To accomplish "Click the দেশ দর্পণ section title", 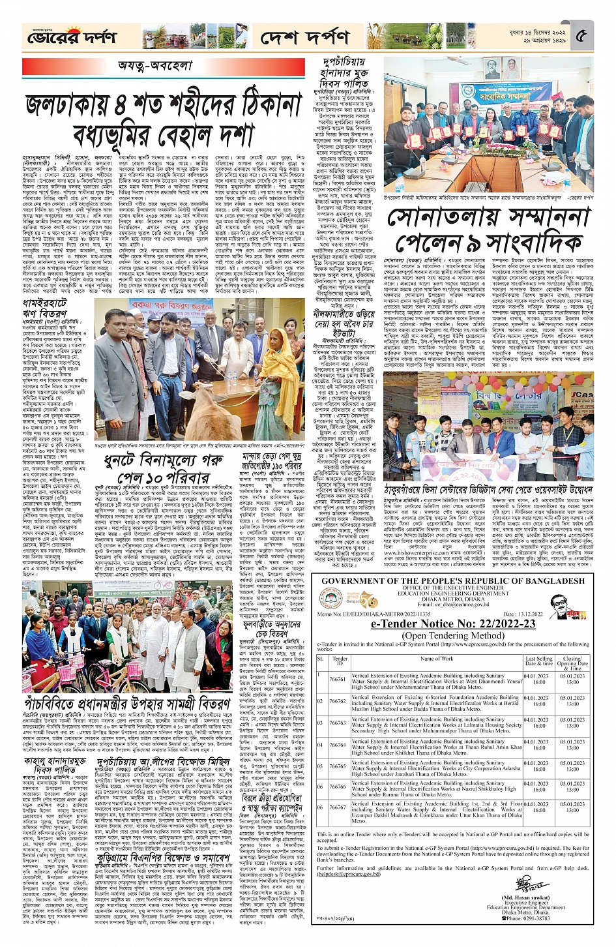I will pos(304,38).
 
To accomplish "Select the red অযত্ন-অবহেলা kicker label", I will pos(155,66).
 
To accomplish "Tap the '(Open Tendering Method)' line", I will pos(453,635).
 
